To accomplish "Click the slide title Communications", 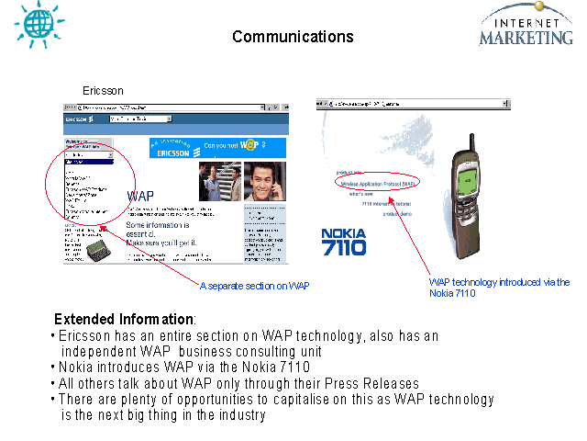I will click(x=293, y=37).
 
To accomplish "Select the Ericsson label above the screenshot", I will click(x=103, y=91).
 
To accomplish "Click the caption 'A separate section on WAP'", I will click(x=254, y=286).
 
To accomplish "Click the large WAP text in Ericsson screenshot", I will click(x=140, y=196).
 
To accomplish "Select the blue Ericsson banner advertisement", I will click(x=217, y=147).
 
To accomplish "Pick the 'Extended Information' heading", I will click(x=125, y=319).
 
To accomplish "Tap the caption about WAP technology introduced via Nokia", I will click(x=499, y=288).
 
